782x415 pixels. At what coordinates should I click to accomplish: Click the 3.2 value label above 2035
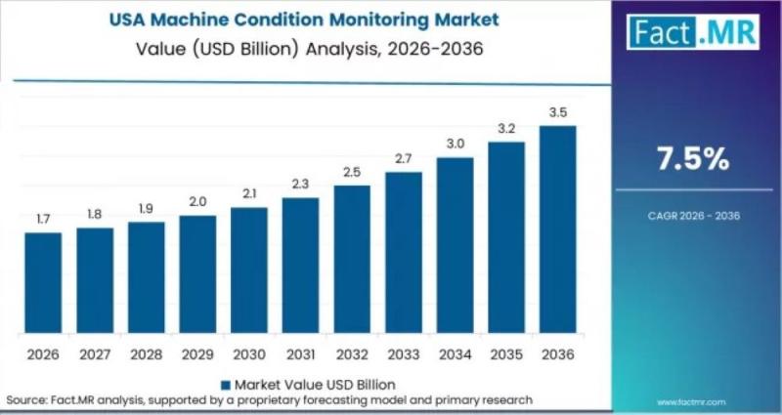click(506, 129)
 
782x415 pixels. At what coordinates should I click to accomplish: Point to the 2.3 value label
click(300, 185)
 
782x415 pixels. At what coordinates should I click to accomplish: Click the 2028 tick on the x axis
click(146, 353)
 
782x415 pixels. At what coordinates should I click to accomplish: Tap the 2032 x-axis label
click(352, 353)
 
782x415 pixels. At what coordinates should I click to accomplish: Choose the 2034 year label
click(455, 353)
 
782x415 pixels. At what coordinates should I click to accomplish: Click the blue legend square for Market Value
click(227, 384)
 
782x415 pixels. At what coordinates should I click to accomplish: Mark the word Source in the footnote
click(26, 400)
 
